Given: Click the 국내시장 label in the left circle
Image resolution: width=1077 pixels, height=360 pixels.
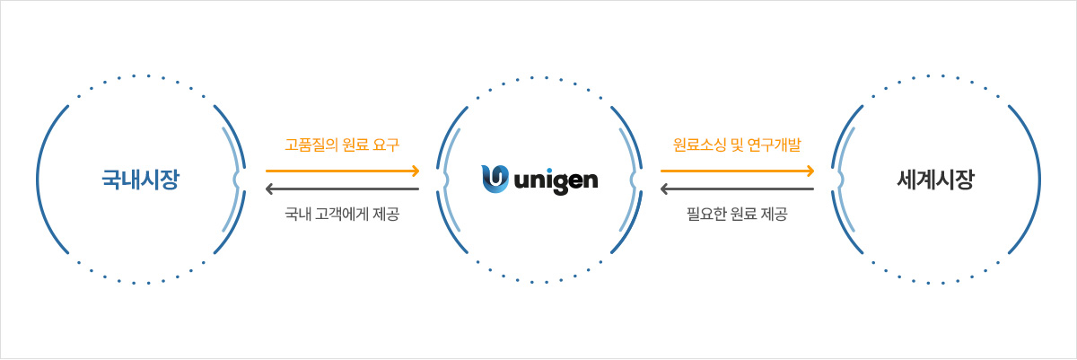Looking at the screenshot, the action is pos(140,180).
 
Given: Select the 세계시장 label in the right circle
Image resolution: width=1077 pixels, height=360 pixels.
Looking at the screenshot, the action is pos(935,180).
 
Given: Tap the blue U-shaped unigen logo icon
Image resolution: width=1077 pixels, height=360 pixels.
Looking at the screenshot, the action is pos(495,179).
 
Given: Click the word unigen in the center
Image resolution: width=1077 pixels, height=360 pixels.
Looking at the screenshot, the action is pos(556,180).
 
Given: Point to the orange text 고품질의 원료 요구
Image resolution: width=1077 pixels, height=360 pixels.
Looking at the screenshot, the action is pos(342,145).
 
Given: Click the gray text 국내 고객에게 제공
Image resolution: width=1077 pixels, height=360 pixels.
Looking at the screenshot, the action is pos(342,214).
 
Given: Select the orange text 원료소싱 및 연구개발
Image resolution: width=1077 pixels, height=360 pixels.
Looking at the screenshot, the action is pos(737,145).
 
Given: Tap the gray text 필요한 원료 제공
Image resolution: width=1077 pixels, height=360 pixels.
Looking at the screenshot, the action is pos(737,214).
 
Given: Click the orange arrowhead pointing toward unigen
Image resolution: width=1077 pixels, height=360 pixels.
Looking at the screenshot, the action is pos(416,171).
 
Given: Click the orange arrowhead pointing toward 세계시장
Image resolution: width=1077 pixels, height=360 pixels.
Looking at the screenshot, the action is pos(810,171).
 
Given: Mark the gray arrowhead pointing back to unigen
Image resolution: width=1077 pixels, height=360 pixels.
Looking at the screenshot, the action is pos(664,189).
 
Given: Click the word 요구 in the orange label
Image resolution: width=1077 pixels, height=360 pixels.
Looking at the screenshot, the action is pos(386,145).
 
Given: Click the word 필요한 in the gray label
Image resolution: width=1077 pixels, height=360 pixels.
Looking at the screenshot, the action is pos(705,214).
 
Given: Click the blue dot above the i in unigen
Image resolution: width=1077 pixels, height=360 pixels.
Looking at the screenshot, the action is pos(547,171).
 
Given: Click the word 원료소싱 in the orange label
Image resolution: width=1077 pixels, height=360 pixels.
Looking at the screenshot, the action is pos(699,145).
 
